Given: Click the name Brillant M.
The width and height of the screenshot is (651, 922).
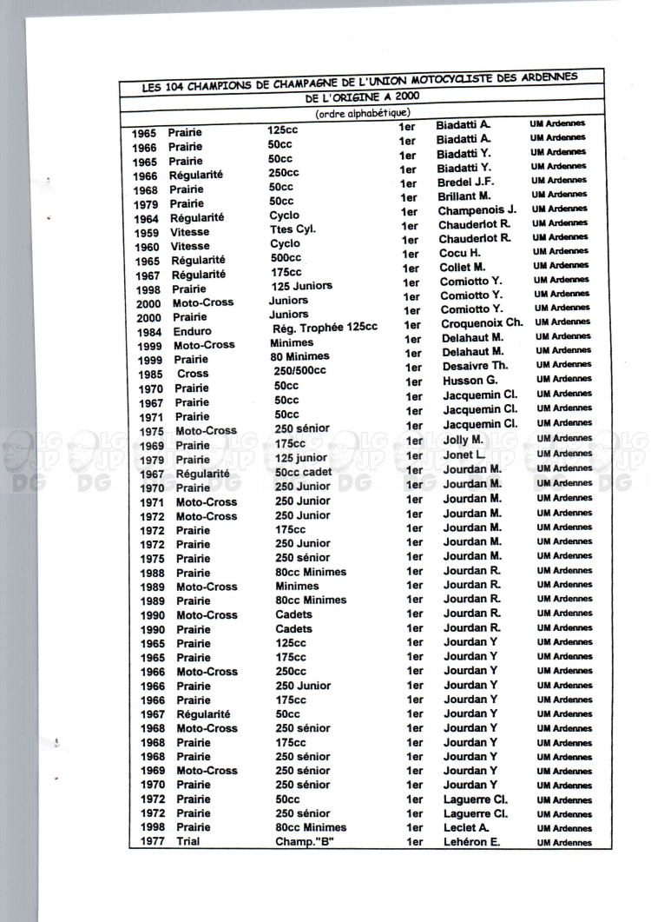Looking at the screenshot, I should point(464,196).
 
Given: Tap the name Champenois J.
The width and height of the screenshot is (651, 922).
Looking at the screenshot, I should point(477,210).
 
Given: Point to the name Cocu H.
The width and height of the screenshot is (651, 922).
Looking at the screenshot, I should point(459,253).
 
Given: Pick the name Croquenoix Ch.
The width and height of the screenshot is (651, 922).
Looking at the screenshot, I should point(481,323).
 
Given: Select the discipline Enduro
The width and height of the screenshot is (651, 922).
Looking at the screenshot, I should point(191,332).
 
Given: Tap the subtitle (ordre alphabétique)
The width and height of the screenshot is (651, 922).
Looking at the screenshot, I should point(363,113).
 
